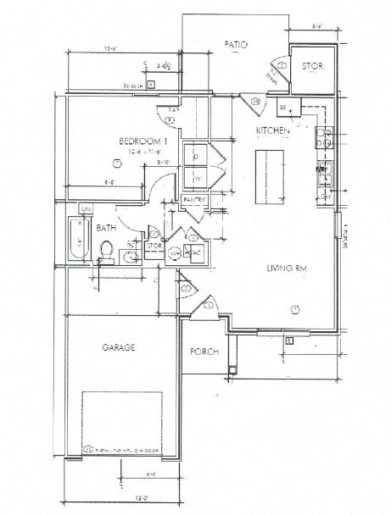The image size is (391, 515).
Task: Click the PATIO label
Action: pos(236,44)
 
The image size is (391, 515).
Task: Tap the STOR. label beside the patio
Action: pos(313,64)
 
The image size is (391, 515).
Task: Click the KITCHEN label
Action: pos(274,131)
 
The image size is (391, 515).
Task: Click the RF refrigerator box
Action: pos(283,108)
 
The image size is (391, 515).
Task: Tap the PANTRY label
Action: pos(195,199)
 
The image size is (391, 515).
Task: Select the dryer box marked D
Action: pos(196,157)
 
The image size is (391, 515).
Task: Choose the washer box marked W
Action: pos(196,179)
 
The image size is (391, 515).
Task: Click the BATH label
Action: pos(106,228)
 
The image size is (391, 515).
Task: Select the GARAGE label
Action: pos(120,347)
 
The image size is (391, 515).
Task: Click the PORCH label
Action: pos(204,352)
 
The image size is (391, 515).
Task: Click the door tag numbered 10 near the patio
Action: pos(257,102)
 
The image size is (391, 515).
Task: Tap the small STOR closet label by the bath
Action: pos(154,246)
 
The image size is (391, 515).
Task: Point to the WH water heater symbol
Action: pos(175,252)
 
